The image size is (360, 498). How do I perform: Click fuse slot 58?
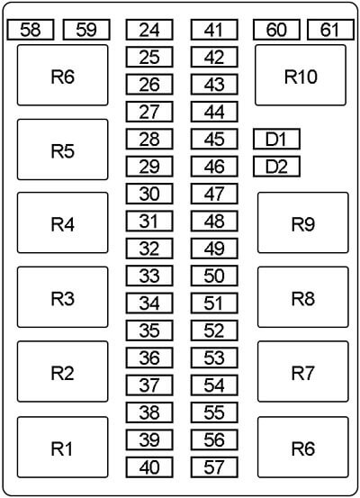(31, 30)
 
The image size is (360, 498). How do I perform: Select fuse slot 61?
(331, 30)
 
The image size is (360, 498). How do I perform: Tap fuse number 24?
(149, 30)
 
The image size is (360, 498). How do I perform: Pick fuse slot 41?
(214, 30)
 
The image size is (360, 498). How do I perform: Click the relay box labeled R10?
(301, 75)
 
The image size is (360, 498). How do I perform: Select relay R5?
(62, 149)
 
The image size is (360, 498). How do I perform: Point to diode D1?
(276, 139)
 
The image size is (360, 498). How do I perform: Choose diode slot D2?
(276, 166)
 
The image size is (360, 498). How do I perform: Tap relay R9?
(303, 222)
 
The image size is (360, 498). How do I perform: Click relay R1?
(62, 448)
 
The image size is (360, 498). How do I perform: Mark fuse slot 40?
(149, 467)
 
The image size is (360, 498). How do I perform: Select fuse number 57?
(214, 467)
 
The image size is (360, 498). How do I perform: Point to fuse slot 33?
(149, 276)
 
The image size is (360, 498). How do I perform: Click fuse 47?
(214, 194)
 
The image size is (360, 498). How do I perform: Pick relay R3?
(62, 297)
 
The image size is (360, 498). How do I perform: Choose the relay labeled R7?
(303, 372)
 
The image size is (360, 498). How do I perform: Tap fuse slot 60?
(276, 30)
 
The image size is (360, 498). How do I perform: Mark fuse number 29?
(149, 166)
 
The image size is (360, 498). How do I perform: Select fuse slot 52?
(214, 330)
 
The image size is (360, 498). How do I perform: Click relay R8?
(303, 297)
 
